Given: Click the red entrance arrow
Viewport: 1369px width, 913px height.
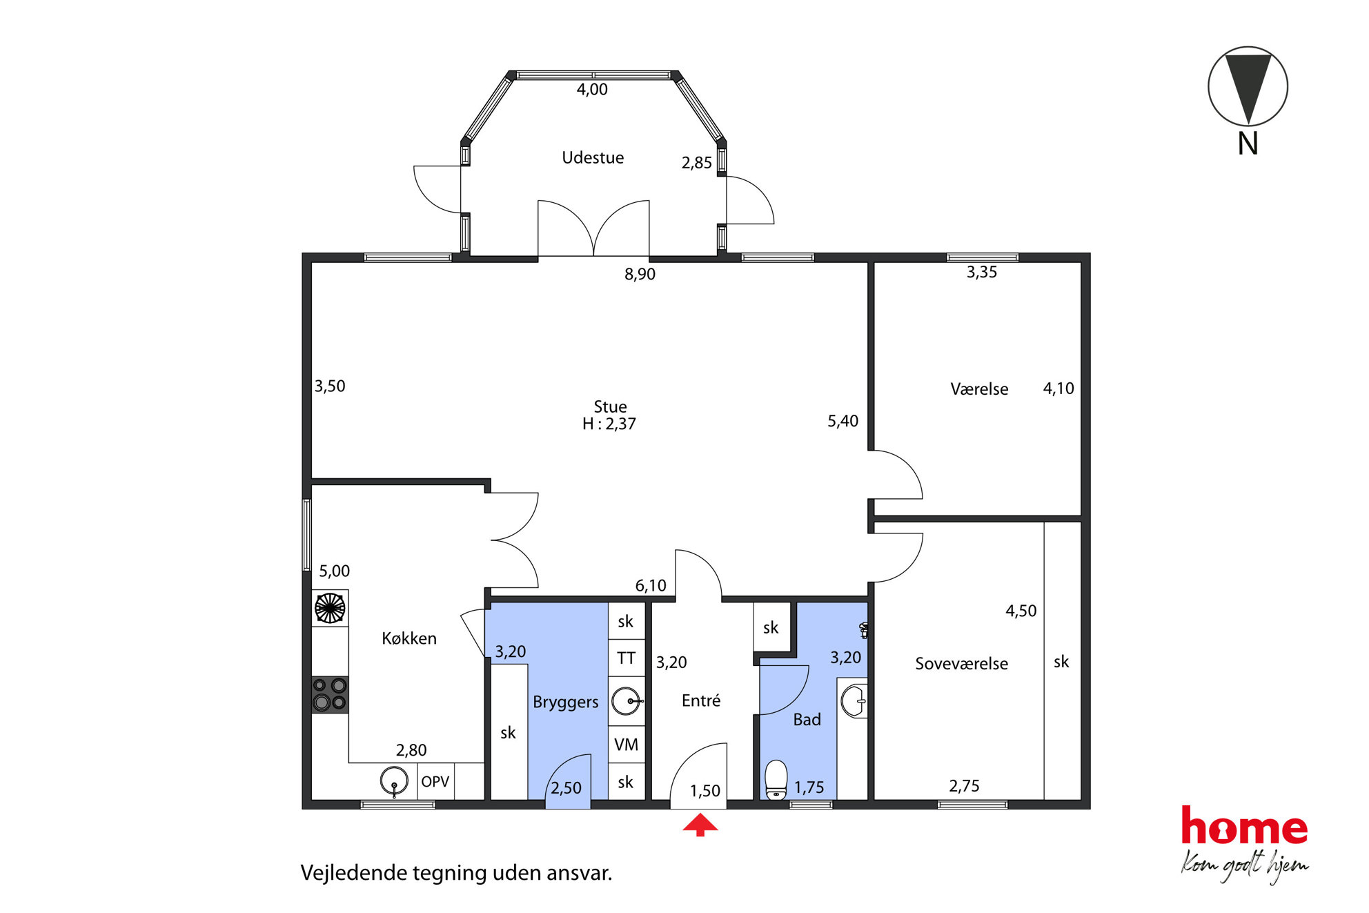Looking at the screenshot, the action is [700, 825].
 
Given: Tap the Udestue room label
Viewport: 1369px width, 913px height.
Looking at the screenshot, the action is [593, 158].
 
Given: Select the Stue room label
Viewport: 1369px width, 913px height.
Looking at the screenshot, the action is [610, 406].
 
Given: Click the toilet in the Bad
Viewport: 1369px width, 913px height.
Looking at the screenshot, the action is [776, 779].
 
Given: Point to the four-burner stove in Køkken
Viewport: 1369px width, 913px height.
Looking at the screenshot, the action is [330, 694].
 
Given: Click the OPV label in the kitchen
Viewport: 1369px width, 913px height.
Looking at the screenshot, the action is [435, 782].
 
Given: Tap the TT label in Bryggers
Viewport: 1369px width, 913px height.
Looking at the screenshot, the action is [626, 658].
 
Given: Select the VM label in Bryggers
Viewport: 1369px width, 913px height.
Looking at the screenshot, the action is [626, 745].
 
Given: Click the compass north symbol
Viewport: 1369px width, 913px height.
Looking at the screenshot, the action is [1248, 87].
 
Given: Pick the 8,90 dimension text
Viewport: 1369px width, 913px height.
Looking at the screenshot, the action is [640, 275].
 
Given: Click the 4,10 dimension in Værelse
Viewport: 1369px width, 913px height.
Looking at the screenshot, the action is [1058, 389].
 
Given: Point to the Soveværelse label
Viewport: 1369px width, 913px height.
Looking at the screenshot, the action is [961, 664].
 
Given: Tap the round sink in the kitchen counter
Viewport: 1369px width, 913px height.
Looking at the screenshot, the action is [394, 781].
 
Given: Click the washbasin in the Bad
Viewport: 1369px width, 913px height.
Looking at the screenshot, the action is [854, 701].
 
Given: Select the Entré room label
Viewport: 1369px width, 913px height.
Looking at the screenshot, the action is [701, 701].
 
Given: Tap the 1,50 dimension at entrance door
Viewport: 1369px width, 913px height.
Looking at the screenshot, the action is [705, 791].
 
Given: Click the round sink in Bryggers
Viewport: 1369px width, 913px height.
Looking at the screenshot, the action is [626, 701].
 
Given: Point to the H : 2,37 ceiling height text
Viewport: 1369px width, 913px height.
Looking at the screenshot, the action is [609, 424].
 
